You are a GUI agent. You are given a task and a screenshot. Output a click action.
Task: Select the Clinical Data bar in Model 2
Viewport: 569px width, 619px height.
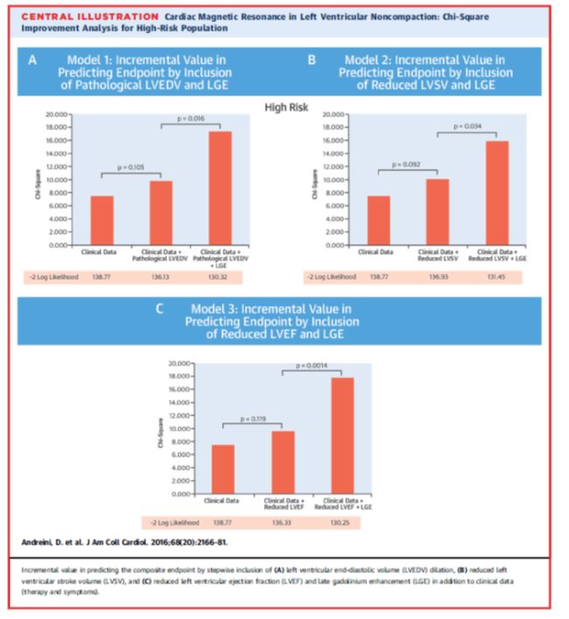coord(378,220)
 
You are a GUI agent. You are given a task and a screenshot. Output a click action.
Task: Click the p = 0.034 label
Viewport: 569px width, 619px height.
coord(468,126)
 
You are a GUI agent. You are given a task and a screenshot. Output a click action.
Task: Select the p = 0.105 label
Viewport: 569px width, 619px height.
coord(131,164)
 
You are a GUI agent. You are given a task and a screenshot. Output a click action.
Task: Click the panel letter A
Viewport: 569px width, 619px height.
coord(33,60)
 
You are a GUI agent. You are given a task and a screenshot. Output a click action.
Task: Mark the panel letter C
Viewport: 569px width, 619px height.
coord(158,308)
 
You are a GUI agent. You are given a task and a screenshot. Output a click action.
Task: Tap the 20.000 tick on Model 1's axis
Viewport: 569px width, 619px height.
coord(57,115)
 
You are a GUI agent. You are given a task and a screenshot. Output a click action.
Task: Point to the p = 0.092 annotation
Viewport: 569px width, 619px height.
coord(406,163)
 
